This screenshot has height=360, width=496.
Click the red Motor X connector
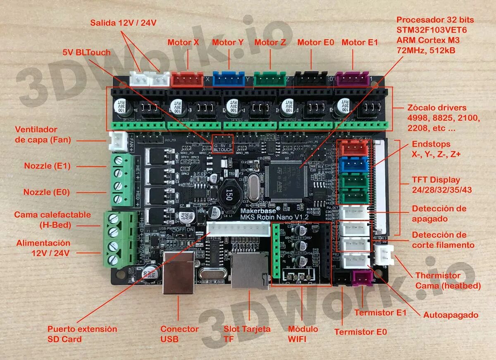coord(187,79)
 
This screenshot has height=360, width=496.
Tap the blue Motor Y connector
coord(229,79)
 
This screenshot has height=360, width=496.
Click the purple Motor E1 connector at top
coord(352,79)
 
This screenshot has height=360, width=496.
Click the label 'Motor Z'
coord(270,43)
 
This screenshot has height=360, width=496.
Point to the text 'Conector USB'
coord(179,334)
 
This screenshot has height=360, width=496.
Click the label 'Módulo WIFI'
coord(303,334)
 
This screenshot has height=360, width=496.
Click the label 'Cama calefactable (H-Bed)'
coord(52,220)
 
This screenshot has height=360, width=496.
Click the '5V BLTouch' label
coord(86,52)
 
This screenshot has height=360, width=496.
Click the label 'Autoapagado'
coord(451,315)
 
